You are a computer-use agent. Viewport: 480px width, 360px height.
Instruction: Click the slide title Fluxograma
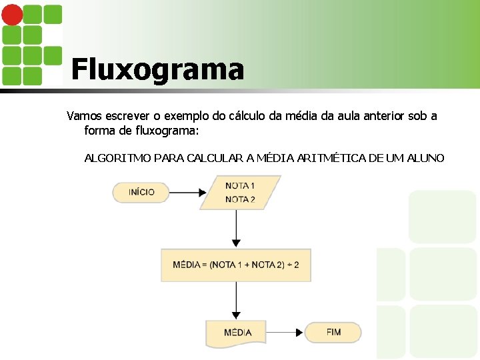[157, 69]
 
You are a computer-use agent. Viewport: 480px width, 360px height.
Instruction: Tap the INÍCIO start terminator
[141, 192]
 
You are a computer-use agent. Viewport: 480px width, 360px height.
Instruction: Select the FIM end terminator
[333, 332]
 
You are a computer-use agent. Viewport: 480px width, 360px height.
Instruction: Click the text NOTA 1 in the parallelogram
[240, 186]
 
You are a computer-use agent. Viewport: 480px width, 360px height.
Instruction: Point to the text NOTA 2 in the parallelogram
[240, 199]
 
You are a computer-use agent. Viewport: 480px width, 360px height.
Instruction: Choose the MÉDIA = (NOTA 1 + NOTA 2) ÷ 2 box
[236, 265]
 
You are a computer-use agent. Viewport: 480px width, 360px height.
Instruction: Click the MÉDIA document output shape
[238, 333]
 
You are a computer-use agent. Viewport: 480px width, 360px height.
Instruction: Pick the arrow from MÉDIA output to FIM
[287, 332]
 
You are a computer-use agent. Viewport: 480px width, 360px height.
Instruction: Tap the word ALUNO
[424, 158]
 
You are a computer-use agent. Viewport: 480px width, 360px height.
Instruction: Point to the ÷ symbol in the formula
[287, 265]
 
